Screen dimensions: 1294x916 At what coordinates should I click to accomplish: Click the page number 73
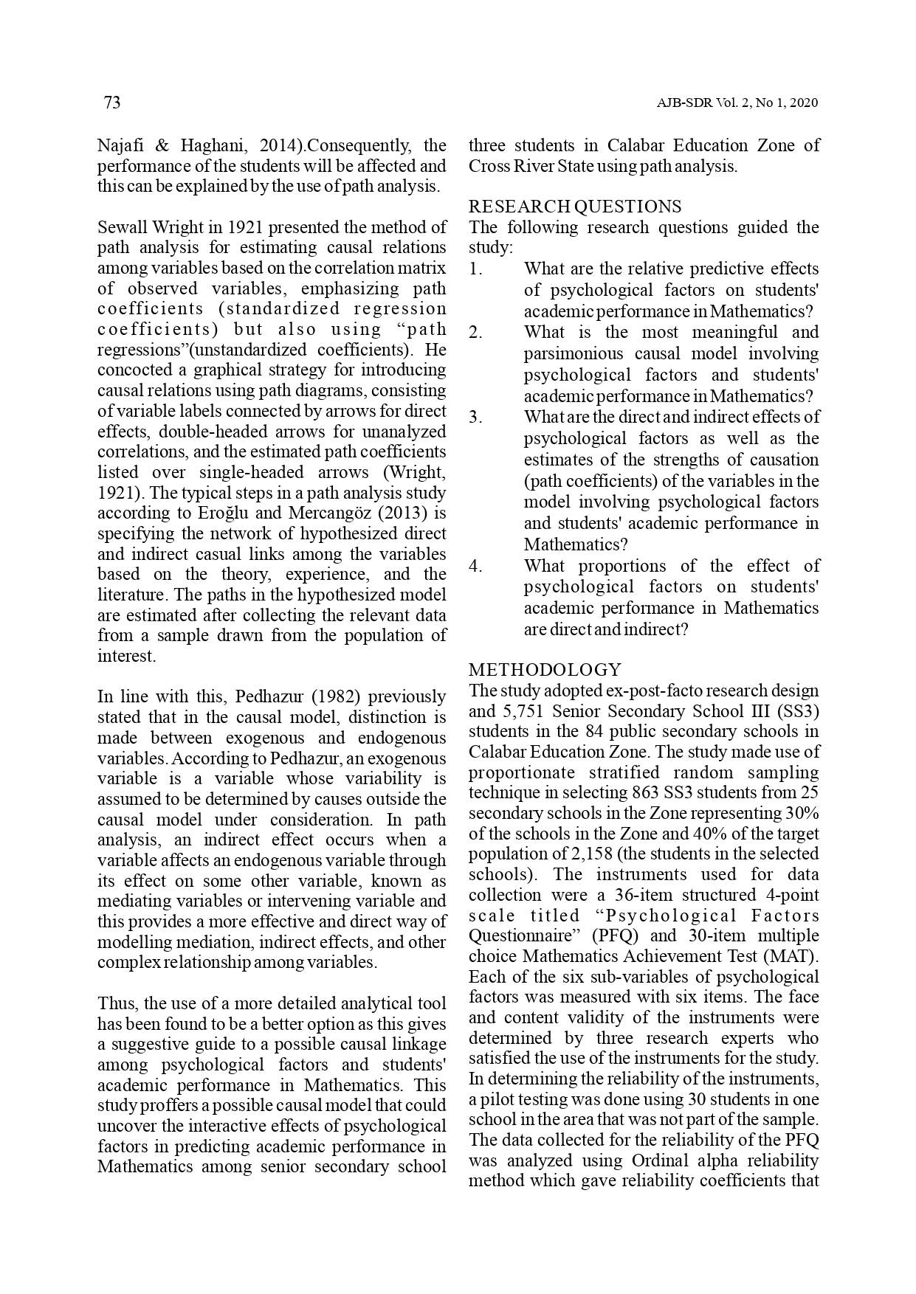pyautogui.click(x=111, y=103)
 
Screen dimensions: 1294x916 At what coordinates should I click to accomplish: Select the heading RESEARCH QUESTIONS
pyautogui.click(x=575, y=207)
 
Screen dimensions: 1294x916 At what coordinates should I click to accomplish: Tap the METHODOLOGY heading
pyautogui.click(x=545, y=670)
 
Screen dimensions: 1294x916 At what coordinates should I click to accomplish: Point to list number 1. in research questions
pyautogui.click(x=477, y=269)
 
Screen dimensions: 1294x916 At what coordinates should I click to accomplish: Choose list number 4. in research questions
pyautogui.click(x=477, y=567)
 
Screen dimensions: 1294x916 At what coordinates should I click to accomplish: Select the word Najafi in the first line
pyautogui.click(x=121, y=145)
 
